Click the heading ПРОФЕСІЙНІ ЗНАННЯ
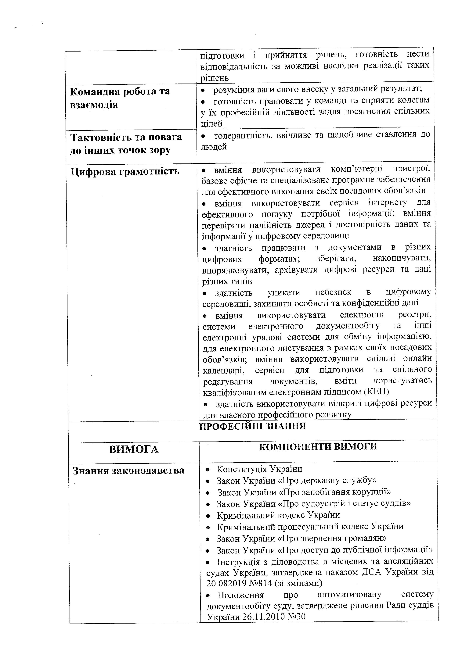pyautogui.click(x=252, y=426)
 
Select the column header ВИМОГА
pyautogui.click(x=134, y=449)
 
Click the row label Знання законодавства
pyautogui.click(x=128, y=470)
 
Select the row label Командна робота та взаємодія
pyautogui.click(x=120, y=98)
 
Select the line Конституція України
pyautogui.click(x=259, y=469)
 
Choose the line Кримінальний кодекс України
pyautogui.click(x=278, y=515)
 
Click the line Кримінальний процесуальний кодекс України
pyautogui.click(x=310, y=527)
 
